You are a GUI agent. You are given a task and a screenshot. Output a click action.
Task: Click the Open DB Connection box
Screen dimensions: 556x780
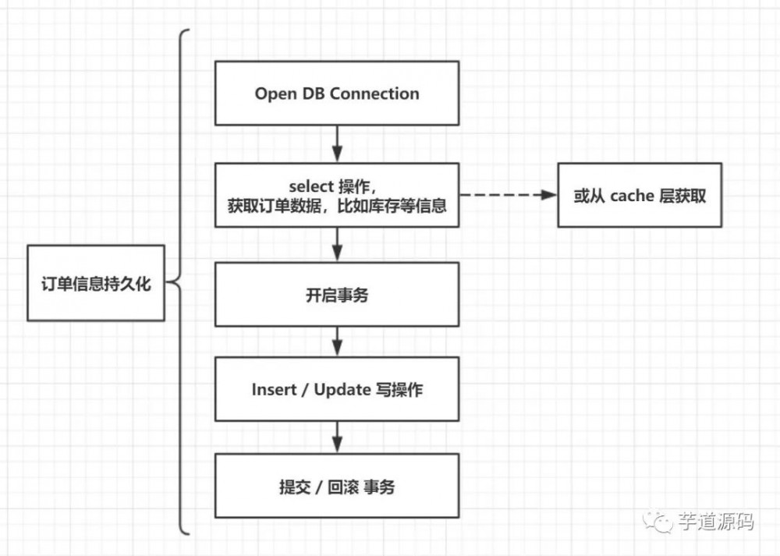(336, 94)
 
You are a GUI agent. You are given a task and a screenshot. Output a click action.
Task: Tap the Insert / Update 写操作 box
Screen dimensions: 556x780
(336, 389)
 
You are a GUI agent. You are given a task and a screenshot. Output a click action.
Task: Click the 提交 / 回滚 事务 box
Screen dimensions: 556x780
(336, 487)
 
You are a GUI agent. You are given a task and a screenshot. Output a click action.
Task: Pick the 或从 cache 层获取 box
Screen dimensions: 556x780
(639, 195)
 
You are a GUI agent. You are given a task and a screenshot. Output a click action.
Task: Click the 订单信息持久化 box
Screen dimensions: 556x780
(95, 283)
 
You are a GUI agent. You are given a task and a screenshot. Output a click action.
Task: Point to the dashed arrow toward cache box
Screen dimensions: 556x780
(507, 195)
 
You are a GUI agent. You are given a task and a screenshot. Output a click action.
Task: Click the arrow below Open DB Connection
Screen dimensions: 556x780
(337, 144)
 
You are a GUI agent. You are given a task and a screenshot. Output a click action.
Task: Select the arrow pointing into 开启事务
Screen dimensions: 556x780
(337, 245)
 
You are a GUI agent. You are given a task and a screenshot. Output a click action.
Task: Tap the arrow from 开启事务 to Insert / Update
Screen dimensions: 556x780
(337, 342)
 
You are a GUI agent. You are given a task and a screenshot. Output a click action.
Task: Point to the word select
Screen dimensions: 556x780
(311, 186)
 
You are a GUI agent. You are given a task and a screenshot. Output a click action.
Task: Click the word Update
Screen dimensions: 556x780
(342, 389)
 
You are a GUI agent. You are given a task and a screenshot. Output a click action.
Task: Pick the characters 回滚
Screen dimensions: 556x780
(341, 487)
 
